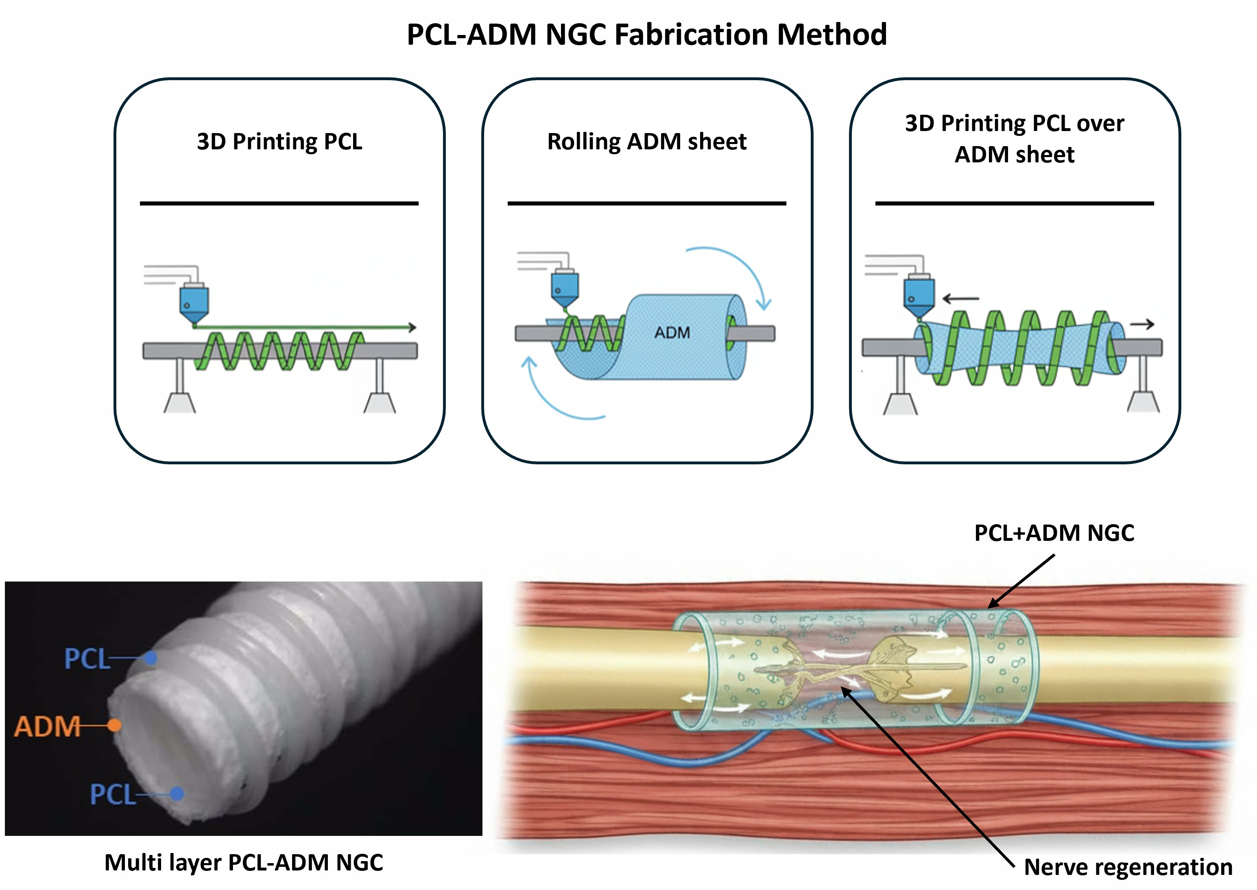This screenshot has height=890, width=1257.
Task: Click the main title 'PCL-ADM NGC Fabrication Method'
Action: pos(646,35)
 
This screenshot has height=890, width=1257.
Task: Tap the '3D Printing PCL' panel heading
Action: pos(279,141)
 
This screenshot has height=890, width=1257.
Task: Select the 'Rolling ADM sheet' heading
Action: pos(646,141)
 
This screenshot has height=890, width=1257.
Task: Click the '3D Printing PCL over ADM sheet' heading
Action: pos(1015,138)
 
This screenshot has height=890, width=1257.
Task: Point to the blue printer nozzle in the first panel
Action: pos(194,303)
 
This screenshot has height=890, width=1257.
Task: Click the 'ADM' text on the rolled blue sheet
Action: pos(672,332)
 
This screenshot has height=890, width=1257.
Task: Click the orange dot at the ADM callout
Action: pos(114,726)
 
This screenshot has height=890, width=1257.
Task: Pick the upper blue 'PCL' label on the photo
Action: pos(87,658)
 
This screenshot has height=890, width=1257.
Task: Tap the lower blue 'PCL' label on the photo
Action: pos(112,794)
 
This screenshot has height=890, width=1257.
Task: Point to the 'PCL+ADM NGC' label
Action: pos(1054,533)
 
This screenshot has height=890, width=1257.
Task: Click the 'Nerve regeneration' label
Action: pos(1128,867)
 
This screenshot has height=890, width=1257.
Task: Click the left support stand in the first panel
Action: pos(180,389)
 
